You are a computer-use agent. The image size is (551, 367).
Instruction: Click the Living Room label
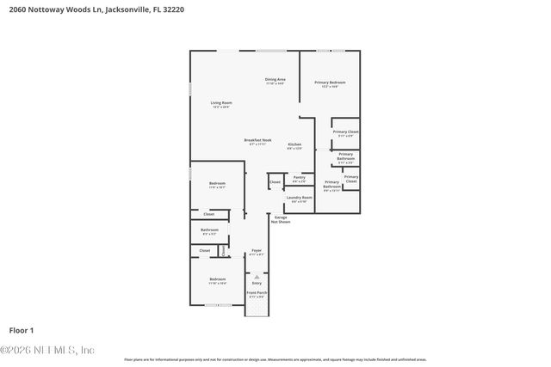click(221, 104)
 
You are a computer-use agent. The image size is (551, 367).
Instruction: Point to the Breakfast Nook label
click(258, 142)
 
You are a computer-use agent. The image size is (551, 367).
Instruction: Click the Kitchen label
click(294, 145)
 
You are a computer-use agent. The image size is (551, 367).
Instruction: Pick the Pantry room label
click(299, 180)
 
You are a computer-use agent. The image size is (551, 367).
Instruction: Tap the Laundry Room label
click(299, 199)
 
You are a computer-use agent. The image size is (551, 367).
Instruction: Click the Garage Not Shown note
click(282, 219)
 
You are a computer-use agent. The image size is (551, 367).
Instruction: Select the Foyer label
click(256, 252)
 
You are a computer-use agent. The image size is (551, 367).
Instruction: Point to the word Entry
click(256, 282)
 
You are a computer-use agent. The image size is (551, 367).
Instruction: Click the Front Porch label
click(256, 294)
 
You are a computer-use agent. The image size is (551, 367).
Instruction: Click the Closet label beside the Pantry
click(275, 182)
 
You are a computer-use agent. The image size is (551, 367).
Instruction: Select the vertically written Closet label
click(222, 250)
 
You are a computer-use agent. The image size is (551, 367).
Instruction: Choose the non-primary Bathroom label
click(209, 231)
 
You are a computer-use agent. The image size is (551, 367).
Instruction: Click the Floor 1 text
click(21, 330)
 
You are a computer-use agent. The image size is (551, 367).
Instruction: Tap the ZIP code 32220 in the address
click(172, 9)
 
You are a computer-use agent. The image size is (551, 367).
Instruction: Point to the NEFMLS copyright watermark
click(47, 350)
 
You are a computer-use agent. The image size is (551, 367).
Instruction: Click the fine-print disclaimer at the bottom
click(275, 359)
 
